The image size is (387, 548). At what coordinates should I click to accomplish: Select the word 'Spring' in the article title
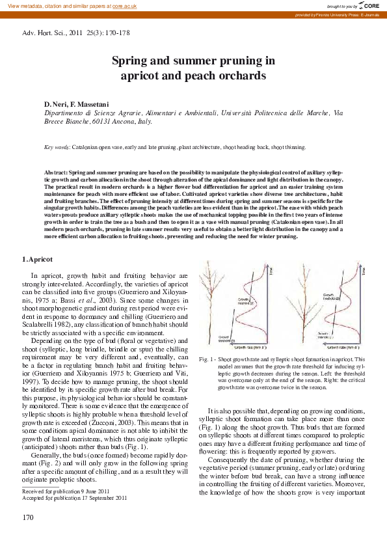131,61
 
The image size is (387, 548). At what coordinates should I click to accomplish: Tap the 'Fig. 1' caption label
207,359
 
